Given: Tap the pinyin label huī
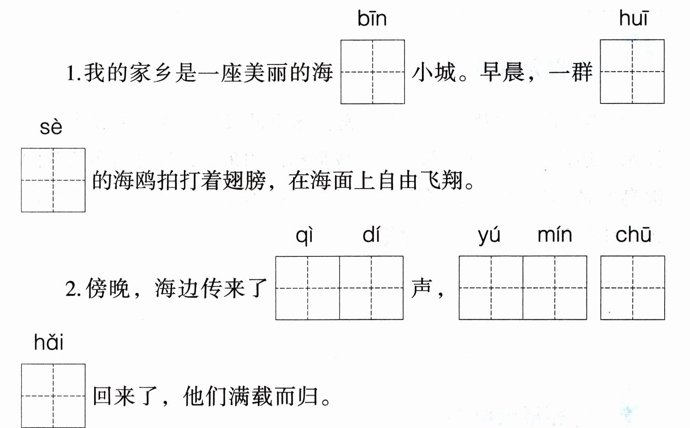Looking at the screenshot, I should [633, 19].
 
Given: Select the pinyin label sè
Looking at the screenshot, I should [51, 127].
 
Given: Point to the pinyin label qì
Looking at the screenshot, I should [305, 235].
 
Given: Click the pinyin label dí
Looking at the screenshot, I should [371, 234].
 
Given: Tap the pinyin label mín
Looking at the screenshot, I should [555, 234].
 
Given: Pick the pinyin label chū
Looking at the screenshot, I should [633, 235].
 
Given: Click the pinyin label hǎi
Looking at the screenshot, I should [49, 342].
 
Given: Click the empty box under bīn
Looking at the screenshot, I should [373, 72].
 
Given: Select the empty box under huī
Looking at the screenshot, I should [632, 72].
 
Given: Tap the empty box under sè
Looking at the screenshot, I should [53, 180].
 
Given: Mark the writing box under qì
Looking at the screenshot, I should [308, 288].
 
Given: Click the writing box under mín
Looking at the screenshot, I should [555, 288].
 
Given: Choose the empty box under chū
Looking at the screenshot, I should [633, 288].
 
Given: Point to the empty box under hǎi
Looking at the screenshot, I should [53, 396].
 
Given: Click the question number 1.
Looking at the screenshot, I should [73, 74].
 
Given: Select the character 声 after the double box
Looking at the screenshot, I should [421, 288].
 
